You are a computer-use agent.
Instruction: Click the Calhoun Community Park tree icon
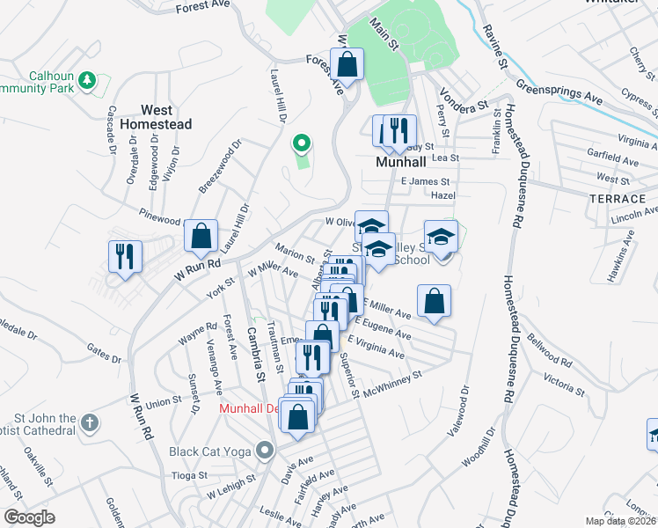87,82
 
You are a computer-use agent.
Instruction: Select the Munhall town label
400,163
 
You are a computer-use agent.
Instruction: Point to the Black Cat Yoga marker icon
265,452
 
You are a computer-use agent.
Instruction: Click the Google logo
29,517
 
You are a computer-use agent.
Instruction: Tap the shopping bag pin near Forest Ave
347,64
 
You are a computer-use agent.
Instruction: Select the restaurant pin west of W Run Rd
124,256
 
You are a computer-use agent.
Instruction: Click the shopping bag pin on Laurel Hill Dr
201,235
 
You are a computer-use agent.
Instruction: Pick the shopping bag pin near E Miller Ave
435,300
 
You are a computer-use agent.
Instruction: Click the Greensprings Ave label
559,92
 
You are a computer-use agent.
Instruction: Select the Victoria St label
563,381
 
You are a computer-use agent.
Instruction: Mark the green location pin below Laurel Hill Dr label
302,142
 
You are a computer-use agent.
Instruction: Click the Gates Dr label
104,356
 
